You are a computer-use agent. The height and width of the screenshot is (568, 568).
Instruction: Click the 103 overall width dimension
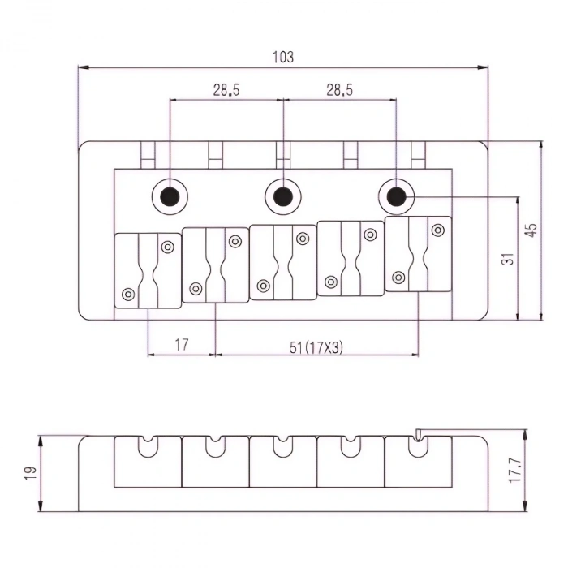tap(283, 58)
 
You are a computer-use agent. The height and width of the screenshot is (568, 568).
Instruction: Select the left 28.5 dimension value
tap(226, 91)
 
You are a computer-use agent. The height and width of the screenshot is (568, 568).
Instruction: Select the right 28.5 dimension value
tap(339, 91)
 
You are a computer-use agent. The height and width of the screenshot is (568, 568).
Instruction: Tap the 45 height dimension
tap(531, 230)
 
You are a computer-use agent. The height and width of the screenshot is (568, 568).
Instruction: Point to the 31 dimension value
tap(508, 259)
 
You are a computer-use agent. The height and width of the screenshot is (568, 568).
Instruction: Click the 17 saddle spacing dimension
tap(181, 345)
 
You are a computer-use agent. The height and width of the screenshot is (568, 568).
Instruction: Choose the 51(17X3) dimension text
tap(316, 346)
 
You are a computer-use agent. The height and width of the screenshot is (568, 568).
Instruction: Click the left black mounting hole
tap(170, 196)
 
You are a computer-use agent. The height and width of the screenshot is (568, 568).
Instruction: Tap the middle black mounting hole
tap(282, 196)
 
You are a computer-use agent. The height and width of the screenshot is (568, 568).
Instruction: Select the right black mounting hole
tap(396, 196)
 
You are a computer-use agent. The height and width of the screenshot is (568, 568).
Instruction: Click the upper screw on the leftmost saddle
tap(168, 247)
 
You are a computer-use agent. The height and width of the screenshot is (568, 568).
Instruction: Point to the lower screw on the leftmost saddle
tap(127, 294)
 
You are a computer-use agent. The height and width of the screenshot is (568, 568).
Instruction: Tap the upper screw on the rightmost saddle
tap(437, 230)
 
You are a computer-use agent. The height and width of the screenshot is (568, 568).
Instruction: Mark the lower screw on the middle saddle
tap(263, 286)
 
